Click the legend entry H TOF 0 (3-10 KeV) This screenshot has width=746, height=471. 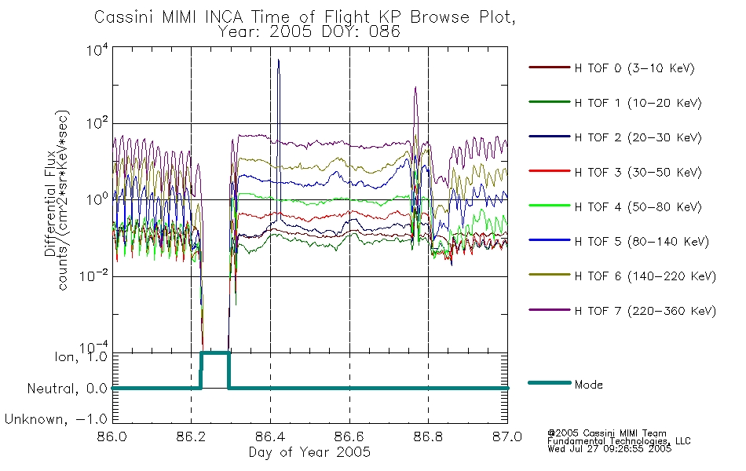coord(634,68)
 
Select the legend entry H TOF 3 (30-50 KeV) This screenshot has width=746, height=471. coord(638,172)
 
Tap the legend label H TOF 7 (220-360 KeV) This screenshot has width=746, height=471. coord(645,311)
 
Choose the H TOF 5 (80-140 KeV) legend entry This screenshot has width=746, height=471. coord(642,242)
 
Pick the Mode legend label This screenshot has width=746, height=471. coord(588,385)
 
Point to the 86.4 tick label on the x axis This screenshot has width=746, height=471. coord(270,436)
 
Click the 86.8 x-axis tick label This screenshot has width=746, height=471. coord(428,436)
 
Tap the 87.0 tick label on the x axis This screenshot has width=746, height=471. coord(507,436)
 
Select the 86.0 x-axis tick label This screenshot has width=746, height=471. coord(112,436)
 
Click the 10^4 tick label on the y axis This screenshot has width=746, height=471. coord(97,50)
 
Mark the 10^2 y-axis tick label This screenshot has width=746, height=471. coord(97,124)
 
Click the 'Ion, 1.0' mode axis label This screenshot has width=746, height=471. coord(80,356)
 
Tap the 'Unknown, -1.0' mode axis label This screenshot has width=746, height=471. coord(56,419)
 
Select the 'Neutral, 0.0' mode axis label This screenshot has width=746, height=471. coord(67,389)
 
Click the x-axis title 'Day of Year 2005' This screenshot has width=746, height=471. coord(309,452)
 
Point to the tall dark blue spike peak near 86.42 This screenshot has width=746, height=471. coord(278,60)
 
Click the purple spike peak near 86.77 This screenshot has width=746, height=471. coord(415,88)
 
